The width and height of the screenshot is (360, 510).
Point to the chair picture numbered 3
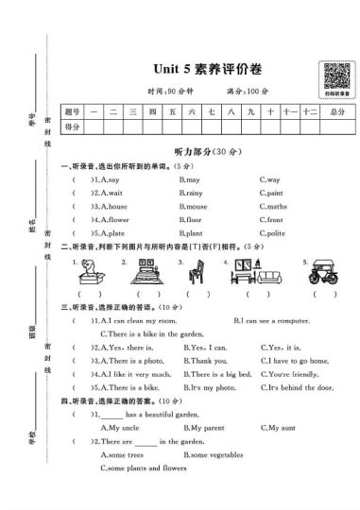pos(197,274)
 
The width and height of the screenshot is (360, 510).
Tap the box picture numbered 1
pos(90,274)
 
